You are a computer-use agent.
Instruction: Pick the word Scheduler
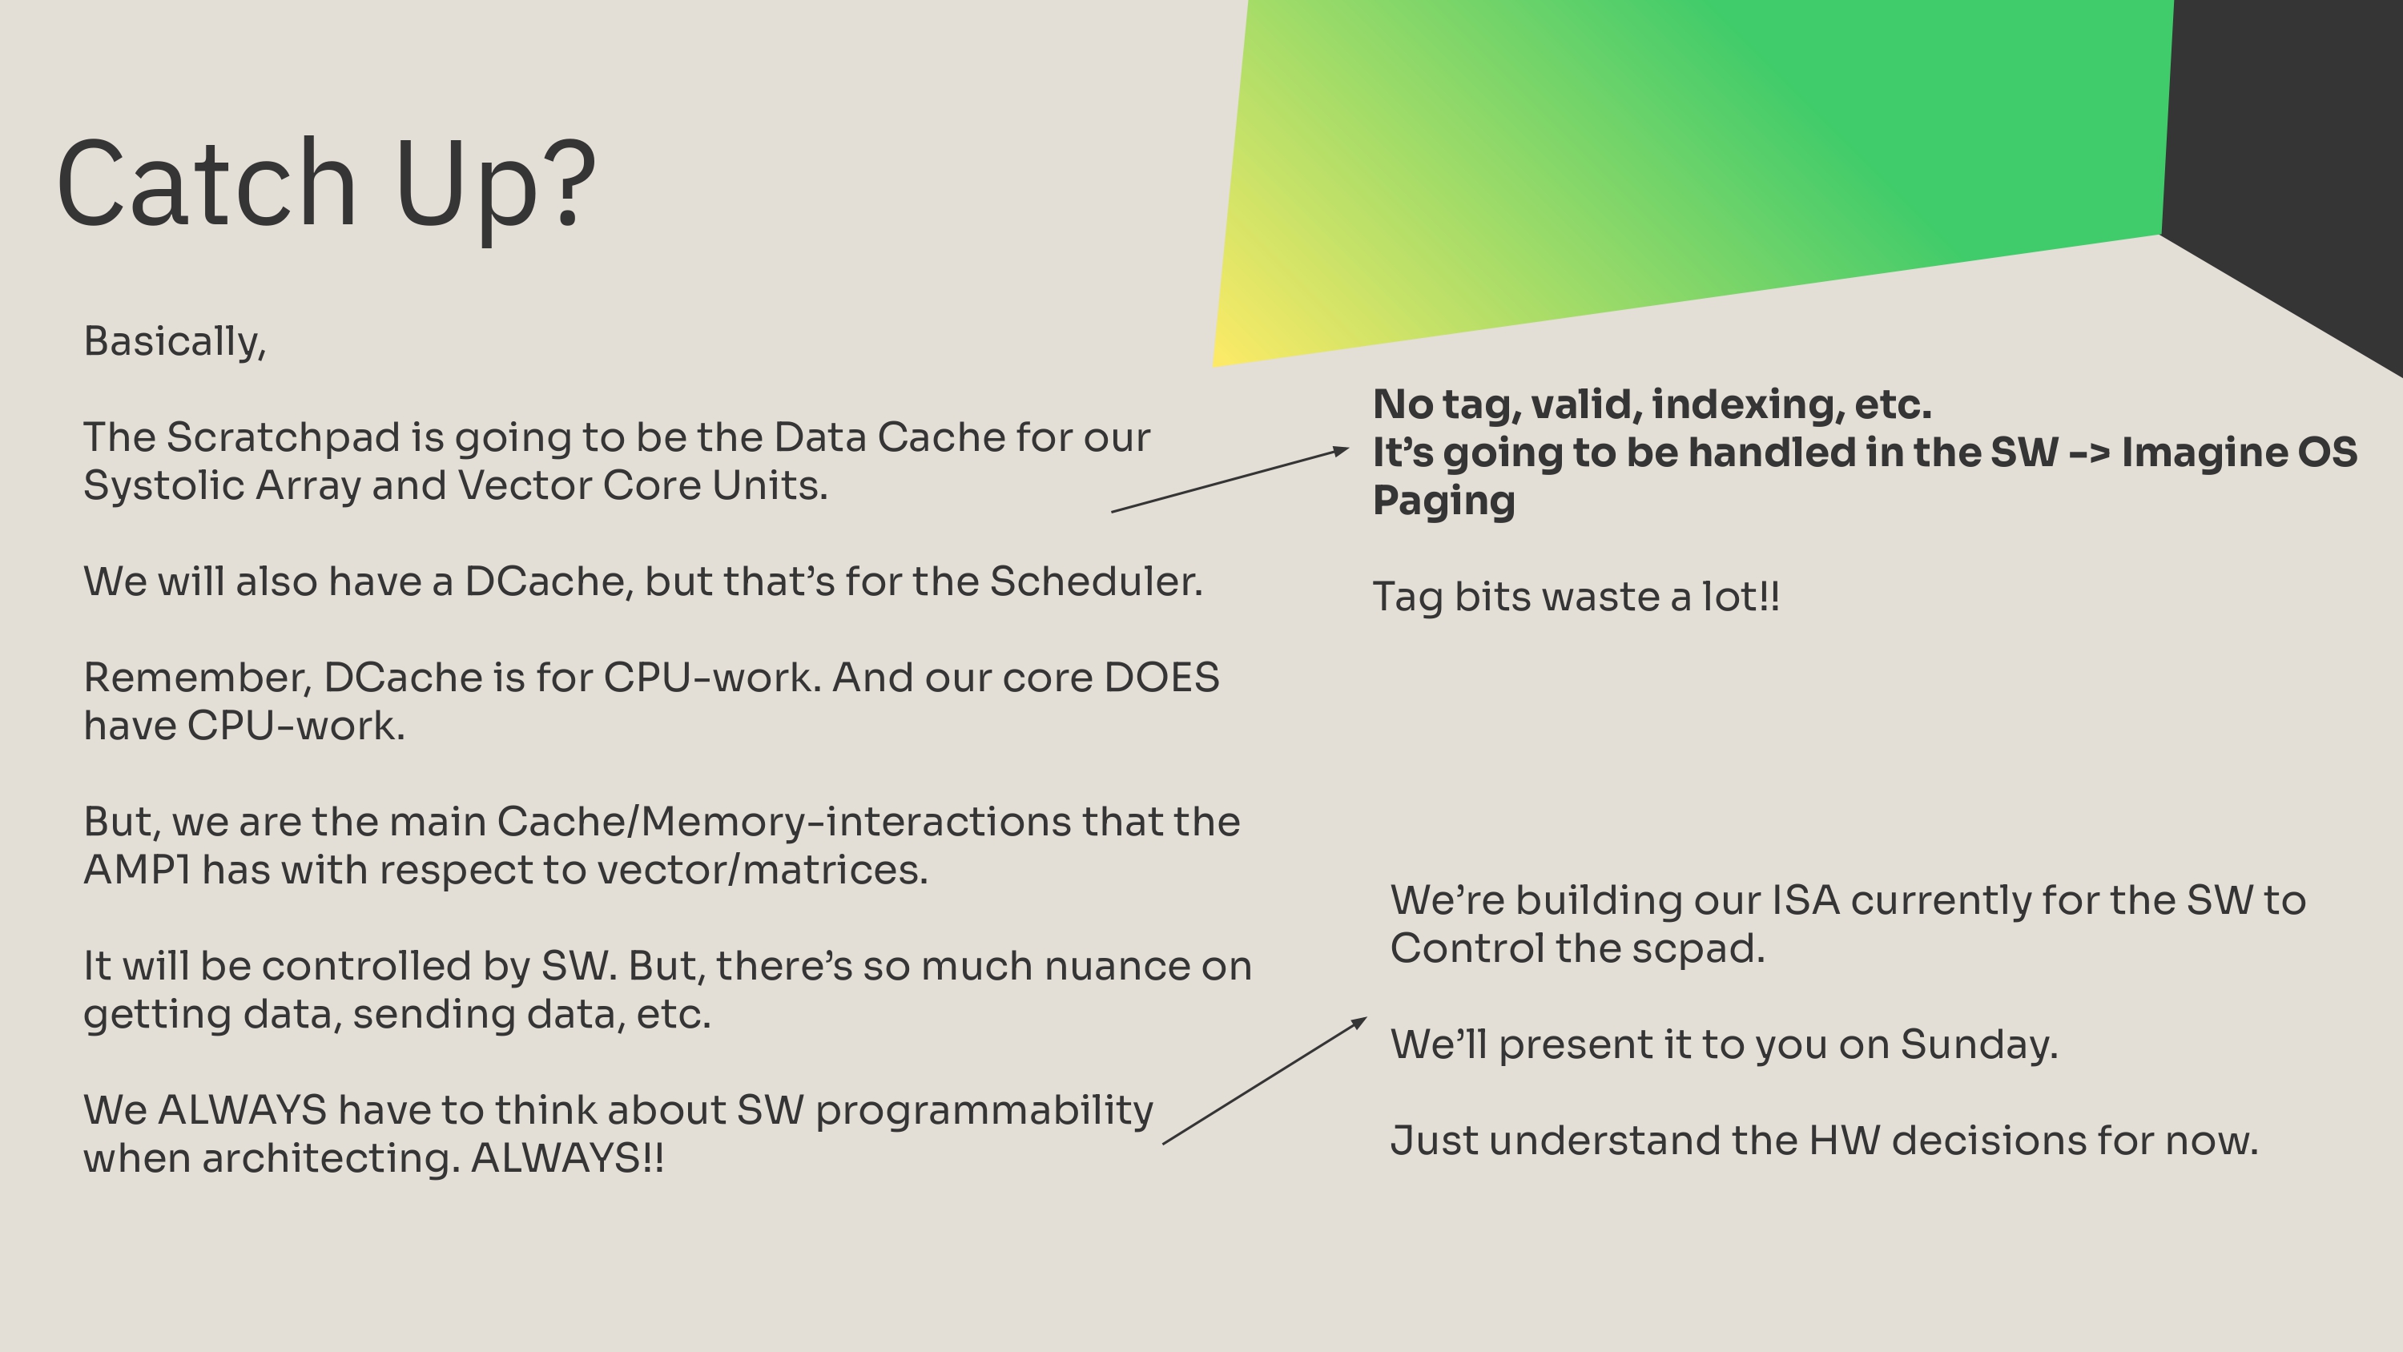[x=1095, y=581]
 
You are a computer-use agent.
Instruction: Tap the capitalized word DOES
[x=1161, y=678]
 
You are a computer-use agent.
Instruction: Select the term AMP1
[x=137, y=870]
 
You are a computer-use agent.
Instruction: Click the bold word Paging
[x=1444, y=501]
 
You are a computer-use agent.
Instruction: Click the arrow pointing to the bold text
[x=1230, y=481]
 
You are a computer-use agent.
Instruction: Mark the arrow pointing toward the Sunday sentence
[x=1265, y=1080]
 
